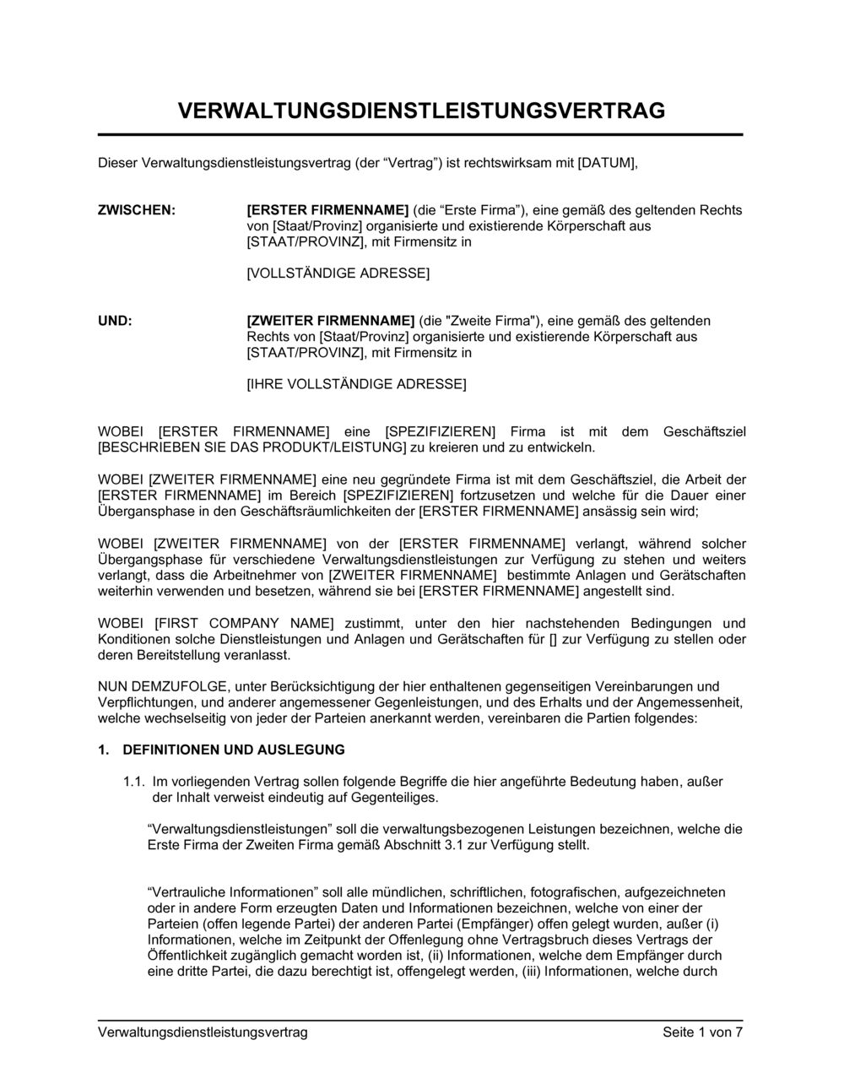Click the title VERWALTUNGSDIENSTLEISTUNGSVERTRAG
pos(421,111)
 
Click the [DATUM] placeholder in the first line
pos(607,162)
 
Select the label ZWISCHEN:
pos(137,210)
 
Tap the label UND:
pos(116,321)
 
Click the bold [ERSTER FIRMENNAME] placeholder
pos(327,210)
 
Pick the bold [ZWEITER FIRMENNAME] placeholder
pos(330,321)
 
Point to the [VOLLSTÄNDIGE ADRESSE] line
pos(338,274)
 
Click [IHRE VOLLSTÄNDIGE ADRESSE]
pos(355,384)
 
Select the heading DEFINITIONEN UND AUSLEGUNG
pos(234,750)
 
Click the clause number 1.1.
pos(134,782)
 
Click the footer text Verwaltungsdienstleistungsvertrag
pos(203,1032)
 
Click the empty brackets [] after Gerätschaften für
pos(553,639)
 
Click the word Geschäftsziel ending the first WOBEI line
pos(705,432)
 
